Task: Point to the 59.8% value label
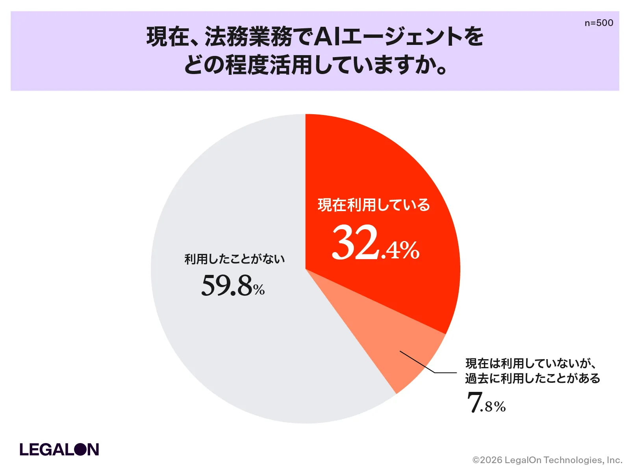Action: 233,286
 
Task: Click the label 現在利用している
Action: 374,205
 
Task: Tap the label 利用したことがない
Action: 235,259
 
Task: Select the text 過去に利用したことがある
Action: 532,378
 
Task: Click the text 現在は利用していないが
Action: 528,363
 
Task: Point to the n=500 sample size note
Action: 599,23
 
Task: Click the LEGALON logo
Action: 59,449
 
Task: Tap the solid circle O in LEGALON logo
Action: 80,449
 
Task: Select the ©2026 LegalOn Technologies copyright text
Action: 547,460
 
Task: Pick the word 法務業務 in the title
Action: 248,37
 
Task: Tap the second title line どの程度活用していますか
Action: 315,65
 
